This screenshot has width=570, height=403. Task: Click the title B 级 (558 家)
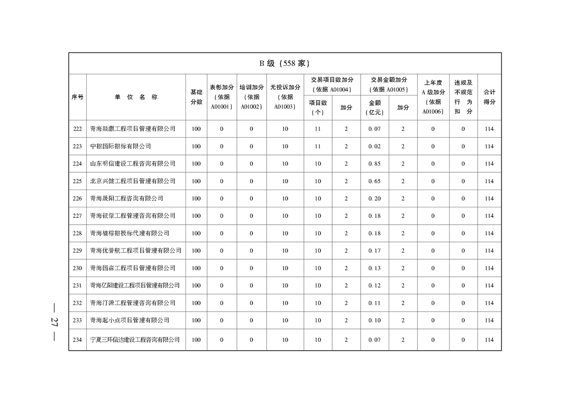(x=284, y=64)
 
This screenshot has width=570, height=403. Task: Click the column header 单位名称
(x=136, y=97)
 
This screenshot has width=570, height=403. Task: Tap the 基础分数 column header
(x=196, y=97)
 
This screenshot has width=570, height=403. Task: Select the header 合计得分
(x=489, y=97)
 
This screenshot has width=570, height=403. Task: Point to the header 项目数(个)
(x=318, y=107)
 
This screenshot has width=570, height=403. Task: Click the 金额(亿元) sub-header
(x=374, y=107)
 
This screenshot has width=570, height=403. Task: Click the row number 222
(x=77, y=129)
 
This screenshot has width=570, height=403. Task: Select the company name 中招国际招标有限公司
(x=120, y=146)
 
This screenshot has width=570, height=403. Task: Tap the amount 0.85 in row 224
(x=374, y=164)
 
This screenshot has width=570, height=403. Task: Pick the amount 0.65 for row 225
(x=374, y=181)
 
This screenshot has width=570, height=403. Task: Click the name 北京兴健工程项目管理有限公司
(x=133, y=181)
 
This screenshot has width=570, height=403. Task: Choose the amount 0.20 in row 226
(x=374, y=199)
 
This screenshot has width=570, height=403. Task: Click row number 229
(x=77, y=251)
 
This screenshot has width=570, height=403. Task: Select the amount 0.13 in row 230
(x=374, y=268)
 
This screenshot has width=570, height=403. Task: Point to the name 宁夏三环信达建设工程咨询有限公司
(x=135, y=339)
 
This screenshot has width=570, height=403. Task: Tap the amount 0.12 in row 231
(x=374, y=286)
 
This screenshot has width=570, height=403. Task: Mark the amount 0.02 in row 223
(x=374, y=146)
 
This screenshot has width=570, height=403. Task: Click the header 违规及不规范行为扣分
(x=463, y=97)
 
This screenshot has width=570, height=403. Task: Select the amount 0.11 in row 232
(x=374, y=303)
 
